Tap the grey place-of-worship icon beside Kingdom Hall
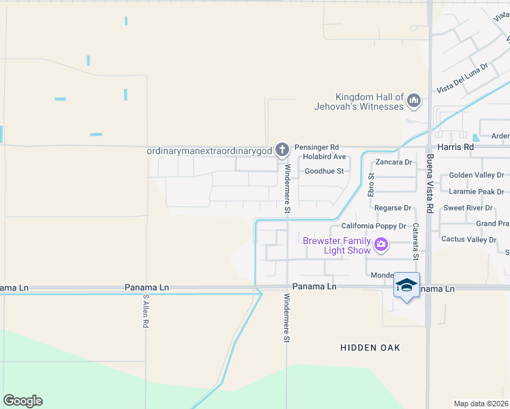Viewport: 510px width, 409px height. click(x=413, y=102)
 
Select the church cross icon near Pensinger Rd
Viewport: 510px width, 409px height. click(x=283, y=149)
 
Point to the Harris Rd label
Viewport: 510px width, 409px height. click(x=456, y=147)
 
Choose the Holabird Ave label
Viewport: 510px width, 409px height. click(x=325, y=157)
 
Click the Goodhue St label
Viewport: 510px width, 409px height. click(x=324, y=171)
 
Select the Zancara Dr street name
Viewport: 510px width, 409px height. click(x=394, y=162)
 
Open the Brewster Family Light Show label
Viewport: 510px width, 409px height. click(x=337, y=245)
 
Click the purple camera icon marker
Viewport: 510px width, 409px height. click(x=381, y=244)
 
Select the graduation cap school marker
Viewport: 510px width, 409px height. click(x=406, y=285)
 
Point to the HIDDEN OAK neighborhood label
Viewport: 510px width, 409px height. click(x=370, y=348)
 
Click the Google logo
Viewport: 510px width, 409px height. click(x=22, y=401)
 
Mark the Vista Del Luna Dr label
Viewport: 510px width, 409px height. click(x=463, y=79)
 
